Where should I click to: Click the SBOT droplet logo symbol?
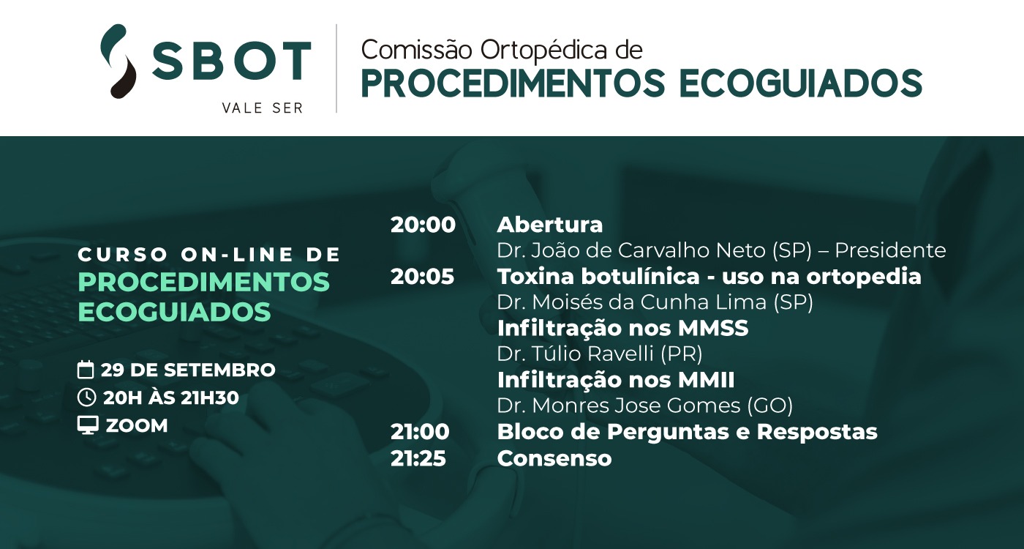coord(118,61)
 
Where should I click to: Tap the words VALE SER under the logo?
coord(263,108)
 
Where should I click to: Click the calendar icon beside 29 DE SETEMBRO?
coord(86,370)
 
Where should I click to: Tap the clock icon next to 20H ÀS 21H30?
coord(86,397)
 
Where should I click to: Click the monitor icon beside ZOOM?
coord(88,425)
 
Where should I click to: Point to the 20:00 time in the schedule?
coord(423,225)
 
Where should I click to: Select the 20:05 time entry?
coord(423,277)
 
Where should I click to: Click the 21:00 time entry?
coord(420,432)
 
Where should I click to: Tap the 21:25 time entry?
coord(418,458)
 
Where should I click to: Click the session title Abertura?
coord(550,225)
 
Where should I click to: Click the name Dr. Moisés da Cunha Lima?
coord(632,302)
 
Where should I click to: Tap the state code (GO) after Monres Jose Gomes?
coord(769,406)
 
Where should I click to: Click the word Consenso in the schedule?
coord(554,458)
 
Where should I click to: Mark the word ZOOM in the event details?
coord(137,426)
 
